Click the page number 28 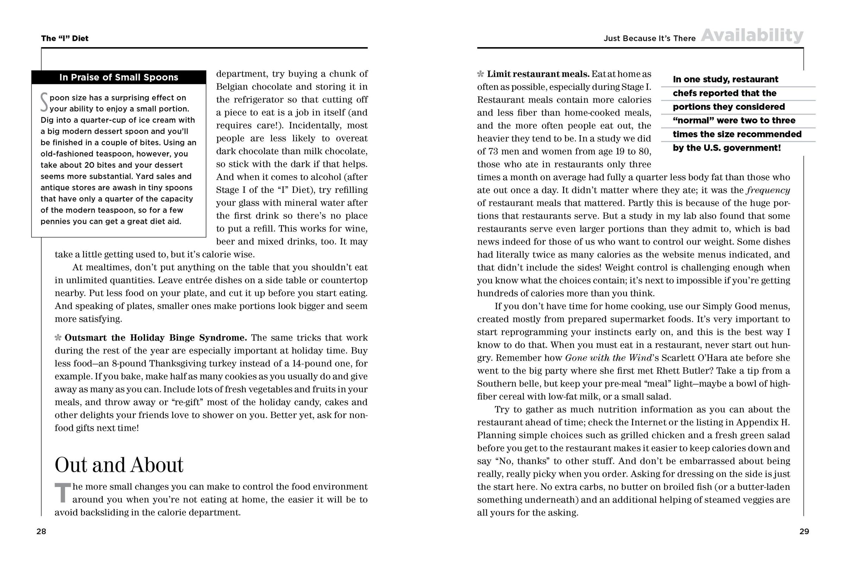point(41,531)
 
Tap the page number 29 point(804,531)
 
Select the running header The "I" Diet point(65,38)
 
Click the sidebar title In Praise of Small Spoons point(119,77)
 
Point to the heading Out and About point(119,465)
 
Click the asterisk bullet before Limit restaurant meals point(480,74)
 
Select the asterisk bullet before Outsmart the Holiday point(58,337)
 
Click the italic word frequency point(768,190)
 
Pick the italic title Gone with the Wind point(608,358)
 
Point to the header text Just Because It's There point(649,38)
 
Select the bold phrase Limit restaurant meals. point(538,74)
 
